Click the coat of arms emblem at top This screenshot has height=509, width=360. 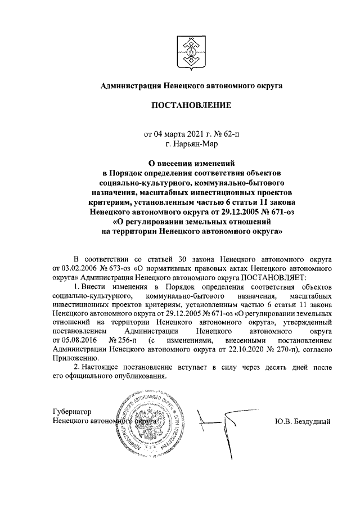(190, 49)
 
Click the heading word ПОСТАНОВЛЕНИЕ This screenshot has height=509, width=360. (190, 105)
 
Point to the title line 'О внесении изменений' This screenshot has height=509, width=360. (191, 163)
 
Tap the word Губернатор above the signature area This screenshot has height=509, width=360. (71, 412)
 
